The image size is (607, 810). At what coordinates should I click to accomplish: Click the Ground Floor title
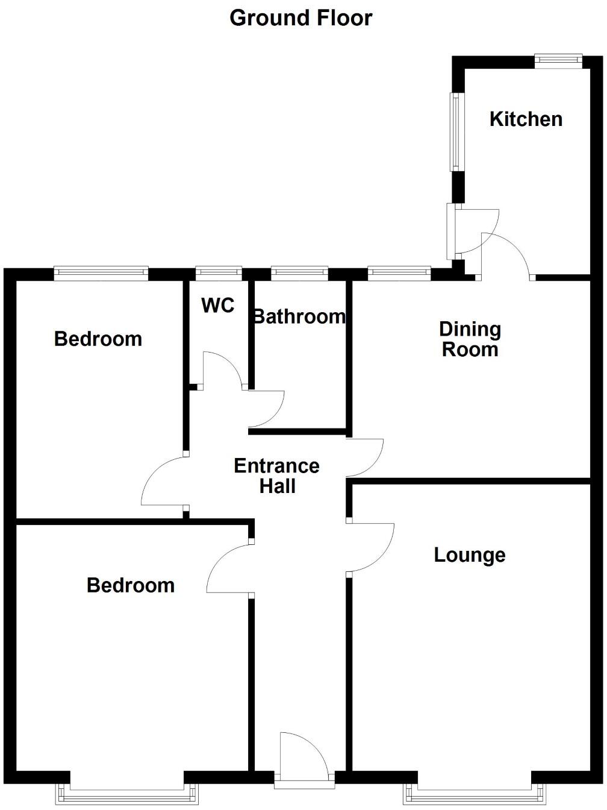[x=300, y=18]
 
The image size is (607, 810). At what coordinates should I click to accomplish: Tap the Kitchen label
[x=526, y=119]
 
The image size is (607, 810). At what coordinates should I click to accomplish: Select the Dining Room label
[x=470, y=339]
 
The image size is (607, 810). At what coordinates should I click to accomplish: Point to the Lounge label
[x=470, y=554]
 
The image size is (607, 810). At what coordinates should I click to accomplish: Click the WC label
[x=217, y=305]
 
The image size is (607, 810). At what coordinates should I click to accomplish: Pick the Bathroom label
[x=299, y=316]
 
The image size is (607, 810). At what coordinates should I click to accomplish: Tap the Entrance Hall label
[x=276, y=476]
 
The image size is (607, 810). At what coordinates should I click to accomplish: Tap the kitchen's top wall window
[x=558, y=60]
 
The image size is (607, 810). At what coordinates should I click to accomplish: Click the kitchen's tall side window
[x=457, y=132]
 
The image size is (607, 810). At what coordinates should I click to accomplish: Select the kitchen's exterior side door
[x=476, y=231]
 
